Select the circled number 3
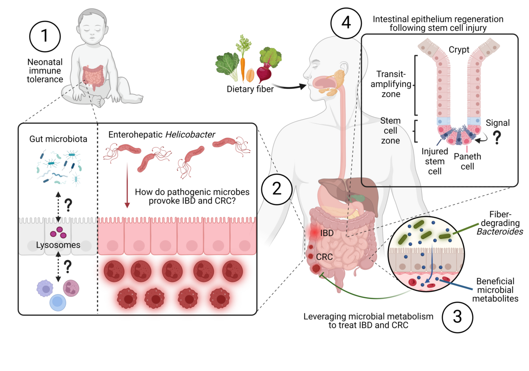click(x=457, y=316)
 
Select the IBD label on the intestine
click(x=327, y=232)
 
